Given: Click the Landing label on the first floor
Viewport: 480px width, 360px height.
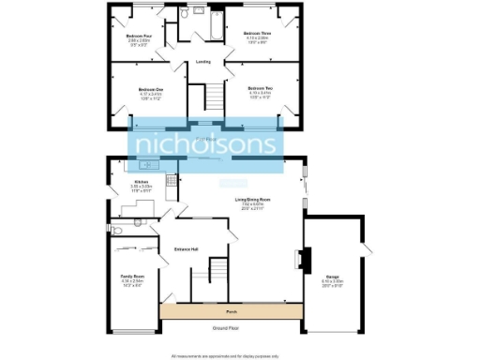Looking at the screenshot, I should coord(202,62).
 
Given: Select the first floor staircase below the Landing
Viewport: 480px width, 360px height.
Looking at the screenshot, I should coord(215,95).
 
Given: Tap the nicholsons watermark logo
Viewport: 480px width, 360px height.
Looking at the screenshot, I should coord(208,145).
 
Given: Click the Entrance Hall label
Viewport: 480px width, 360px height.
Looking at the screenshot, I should coord(187,248).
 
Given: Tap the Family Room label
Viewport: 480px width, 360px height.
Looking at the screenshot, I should coord(132,277).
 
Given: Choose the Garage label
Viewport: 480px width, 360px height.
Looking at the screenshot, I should coord(332,277).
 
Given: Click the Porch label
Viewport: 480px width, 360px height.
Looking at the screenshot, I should coord(231,311).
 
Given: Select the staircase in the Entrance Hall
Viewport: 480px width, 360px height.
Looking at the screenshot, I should coord(216,275).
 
